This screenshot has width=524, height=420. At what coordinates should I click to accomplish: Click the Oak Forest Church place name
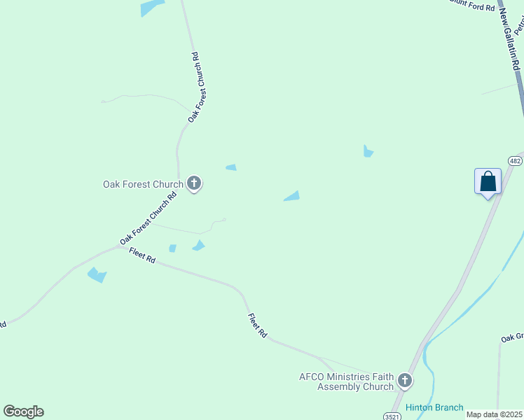[143, 185]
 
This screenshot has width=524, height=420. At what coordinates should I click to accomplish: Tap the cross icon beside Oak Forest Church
[194, 184]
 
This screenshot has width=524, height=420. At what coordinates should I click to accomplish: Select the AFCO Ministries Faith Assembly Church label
[346, 381]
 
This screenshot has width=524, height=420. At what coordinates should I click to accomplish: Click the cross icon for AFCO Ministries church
[404, 381]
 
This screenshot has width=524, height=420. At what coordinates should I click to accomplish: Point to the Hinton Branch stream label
[434, 407]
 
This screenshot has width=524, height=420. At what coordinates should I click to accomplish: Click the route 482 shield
[516, 161]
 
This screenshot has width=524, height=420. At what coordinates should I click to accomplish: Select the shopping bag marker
[488, 182]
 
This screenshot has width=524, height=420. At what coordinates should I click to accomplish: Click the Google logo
[23, 412]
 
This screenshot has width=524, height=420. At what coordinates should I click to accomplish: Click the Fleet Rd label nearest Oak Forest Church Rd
[142, 256]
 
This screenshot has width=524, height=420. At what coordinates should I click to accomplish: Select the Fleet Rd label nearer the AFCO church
[258, 326]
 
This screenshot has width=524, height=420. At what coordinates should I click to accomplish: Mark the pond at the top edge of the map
[151, 7]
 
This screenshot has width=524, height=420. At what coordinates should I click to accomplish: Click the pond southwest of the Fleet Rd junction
[97, 275]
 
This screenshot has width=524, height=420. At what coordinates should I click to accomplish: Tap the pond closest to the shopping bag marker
[368, 151]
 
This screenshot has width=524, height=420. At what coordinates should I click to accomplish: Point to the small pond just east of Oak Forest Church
[230, 167]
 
